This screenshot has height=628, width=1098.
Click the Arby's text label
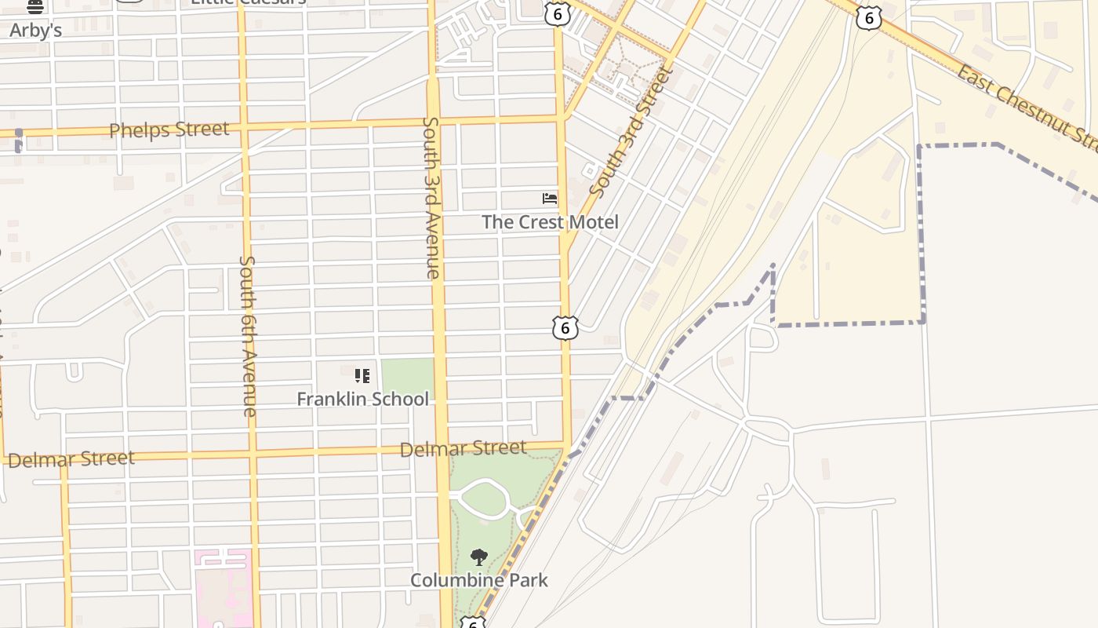click(x=35, y=31)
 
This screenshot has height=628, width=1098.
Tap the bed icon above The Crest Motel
click(x=550, y=199)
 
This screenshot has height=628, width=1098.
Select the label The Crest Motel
click(x=550, y=222)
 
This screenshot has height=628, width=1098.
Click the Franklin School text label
click(x=362, y=399)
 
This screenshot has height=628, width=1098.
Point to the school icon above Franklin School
click(x=362, y=376)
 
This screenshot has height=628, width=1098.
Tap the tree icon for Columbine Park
click(x=478, y=558)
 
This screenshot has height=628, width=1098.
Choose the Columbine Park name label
click(x=478, y=580)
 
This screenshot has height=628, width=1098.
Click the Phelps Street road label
click(x=169, y=130)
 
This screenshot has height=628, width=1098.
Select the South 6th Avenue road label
click(x=249, y=335)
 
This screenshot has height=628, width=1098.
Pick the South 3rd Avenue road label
click(x=431, y=198)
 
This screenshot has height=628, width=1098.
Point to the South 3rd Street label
click(x=631, y=132)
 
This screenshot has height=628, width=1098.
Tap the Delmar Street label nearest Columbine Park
click(x=463, y=449)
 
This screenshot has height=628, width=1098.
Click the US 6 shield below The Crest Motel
click(x=565, y=327)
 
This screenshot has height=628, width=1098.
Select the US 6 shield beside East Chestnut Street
click(x=868, y=17)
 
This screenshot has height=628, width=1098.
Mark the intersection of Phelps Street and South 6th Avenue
click(x=243, y=126)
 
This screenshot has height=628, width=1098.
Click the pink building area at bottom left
click(x=224, y=589)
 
